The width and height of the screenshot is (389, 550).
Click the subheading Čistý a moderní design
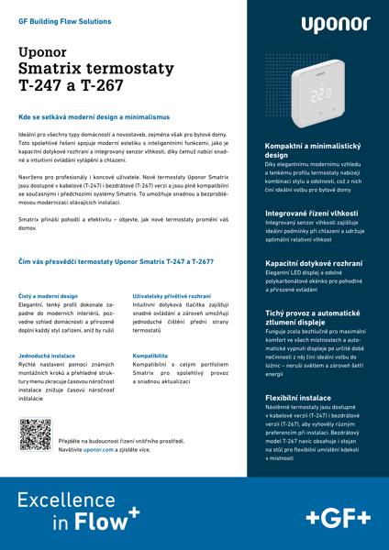tap(50, 296)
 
